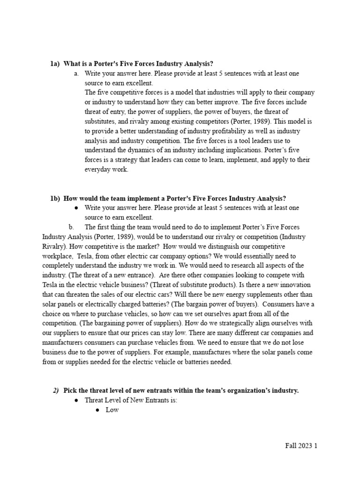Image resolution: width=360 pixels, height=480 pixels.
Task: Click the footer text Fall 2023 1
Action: tap(301, 446)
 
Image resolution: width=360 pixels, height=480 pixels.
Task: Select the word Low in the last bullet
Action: tap(112, 410)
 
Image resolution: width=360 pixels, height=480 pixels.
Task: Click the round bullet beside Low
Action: tap(97, 410)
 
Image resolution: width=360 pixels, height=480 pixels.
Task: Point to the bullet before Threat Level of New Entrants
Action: tap(76, 400)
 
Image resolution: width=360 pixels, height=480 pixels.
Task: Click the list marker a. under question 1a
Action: tap(76, 74)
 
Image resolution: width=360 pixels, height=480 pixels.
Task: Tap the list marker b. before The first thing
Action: tap(71, 227)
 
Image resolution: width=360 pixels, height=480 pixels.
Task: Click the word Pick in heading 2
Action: tap(71, 390)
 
